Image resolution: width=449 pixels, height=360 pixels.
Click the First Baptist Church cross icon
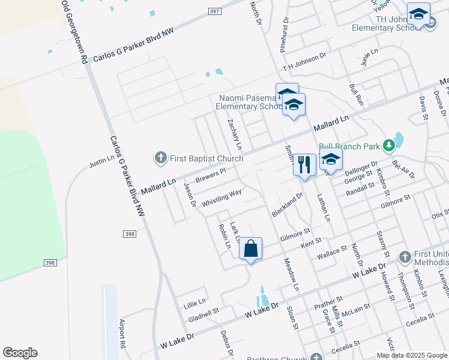click(160, 158)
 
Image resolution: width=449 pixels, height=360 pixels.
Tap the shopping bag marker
click(251, 248)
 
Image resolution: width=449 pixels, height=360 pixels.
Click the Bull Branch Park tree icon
click(389, 145)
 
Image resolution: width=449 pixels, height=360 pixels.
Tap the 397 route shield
click(215, 11)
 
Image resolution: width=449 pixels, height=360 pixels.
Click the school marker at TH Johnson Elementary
click(418, 14)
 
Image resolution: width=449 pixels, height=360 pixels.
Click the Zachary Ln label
click(235, 134)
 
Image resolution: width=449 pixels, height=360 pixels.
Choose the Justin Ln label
click(101, 160)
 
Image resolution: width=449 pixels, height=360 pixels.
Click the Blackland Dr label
click(287, 205)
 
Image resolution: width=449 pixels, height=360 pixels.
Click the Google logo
click(20, 353)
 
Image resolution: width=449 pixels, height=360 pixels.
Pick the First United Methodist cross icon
click(404, 257)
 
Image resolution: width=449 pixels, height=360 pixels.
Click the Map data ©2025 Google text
click(411, 355)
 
